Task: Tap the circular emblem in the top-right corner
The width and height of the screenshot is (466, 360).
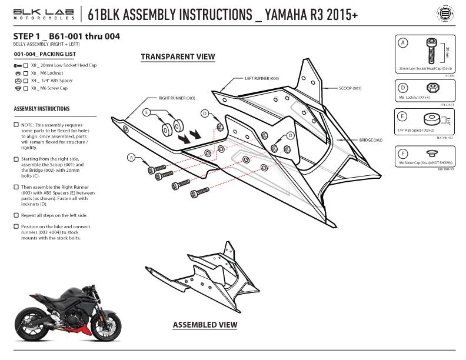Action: click(x=448, y=14)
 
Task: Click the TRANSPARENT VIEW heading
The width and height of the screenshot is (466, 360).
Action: click(x=178, y=57)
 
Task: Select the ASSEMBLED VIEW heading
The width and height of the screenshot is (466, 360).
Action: click(x=205, y=325)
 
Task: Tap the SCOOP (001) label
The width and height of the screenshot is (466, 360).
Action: click(x=350, y=88)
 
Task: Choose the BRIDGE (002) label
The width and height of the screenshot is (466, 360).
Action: click(x=371, y=141)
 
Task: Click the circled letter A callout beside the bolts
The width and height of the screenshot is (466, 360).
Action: click(x=131, y=157)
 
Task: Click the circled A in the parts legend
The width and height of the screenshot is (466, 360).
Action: click(x=403, y=43)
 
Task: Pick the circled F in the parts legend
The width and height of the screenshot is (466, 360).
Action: click(x=403, y=154)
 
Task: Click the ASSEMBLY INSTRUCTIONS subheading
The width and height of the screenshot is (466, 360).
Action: click(x=41, y=109)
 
